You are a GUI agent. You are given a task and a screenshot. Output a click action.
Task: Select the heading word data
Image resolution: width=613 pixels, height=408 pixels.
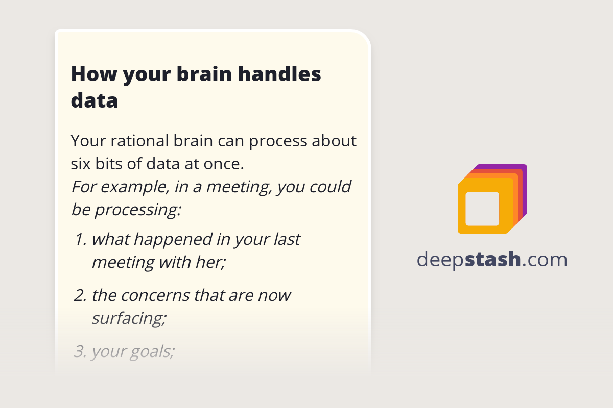click(95, 100)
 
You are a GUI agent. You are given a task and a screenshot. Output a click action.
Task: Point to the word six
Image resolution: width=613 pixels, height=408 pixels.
click(81, 164)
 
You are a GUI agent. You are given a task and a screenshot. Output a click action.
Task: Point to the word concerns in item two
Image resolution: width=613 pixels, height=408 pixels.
click(162, 295)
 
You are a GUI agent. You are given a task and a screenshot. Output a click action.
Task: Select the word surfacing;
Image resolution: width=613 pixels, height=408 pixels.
click(129, 318)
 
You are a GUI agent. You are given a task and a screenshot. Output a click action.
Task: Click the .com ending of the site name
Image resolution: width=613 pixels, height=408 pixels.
click(545, 260)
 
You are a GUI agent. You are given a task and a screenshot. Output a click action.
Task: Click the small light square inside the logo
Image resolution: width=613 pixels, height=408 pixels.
click(482, 209)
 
